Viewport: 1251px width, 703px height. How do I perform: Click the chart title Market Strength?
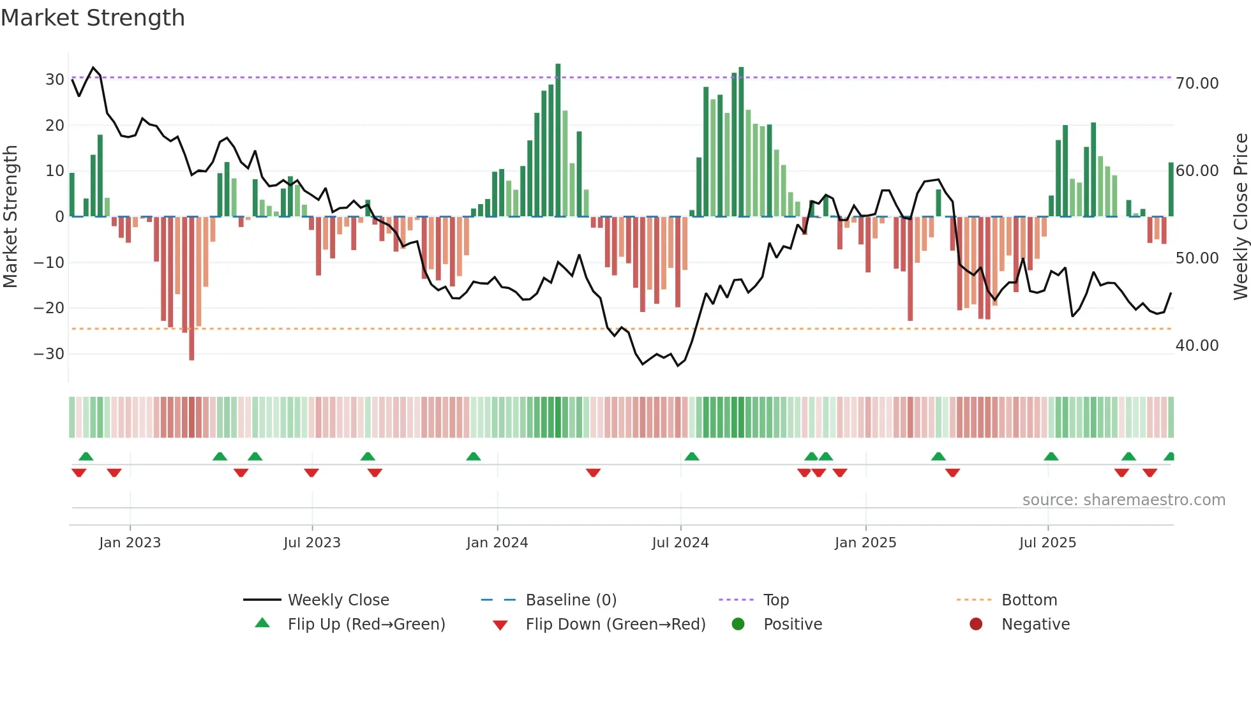click(x=93, y=18)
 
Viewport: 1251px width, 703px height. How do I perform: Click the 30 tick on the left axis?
click(x=55, y=80)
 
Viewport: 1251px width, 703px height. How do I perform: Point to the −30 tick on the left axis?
click(x=50, y=354)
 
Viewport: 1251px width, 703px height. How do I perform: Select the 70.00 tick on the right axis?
click(x=1197, y=84)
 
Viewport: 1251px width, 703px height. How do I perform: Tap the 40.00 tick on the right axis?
click(x=1197, y=346)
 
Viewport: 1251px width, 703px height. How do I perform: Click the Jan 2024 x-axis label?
click(x=497, y=543)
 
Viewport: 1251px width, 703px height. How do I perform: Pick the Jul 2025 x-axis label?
click(x=1047, y=543)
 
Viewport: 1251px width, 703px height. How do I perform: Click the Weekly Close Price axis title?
click(x=1240, y=217)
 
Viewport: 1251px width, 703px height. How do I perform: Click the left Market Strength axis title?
click(x=11, y=217)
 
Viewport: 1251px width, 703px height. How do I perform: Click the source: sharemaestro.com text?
click(x=1123, y=500)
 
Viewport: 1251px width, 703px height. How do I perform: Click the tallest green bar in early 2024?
click(x=558, y=140)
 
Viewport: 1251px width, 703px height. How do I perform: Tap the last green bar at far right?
click(x=1171, y=189)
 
